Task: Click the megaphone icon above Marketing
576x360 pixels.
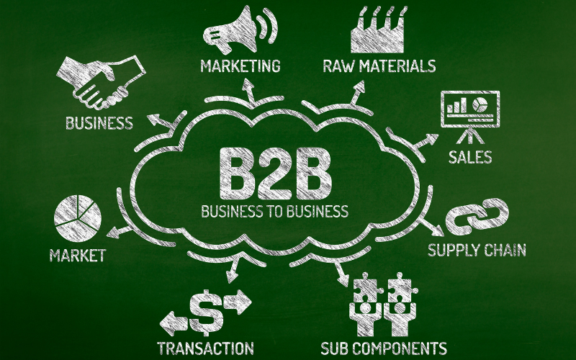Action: pos(240,30)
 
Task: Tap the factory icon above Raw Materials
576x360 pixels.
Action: pos(377,30)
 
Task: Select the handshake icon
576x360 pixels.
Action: pos(101,82)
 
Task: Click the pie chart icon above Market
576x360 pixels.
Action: pos(78,218)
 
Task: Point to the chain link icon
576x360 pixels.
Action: pos(477,217)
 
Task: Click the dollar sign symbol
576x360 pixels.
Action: pos(206,312)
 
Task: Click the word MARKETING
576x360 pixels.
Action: pos(240,66)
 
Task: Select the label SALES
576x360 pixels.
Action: pos(470,157)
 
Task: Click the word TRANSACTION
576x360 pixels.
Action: pos(206,348)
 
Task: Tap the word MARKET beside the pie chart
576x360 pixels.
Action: pos(78,256)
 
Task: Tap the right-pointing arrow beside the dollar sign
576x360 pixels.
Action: pos(238,302)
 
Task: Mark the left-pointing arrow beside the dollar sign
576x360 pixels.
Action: pos(174,323)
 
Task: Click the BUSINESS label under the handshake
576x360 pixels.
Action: pos(99,123)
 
